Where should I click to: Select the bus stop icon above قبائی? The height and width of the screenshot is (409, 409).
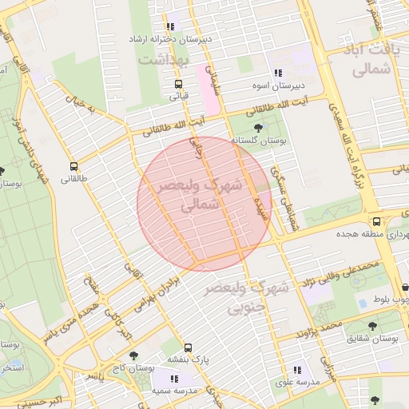pyautogui.click(x=178, y=83)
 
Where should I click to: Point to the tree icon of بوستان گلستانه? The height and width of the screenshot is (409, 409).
pyautogui.click(x=257, y=128)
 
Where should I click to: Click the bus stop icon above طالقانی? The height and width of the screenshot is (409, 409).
pyautogui.click(x=74, y=167)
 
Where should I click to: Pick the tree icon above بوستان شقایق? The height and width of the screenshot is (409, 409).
pyautogui.click(x=372, y=326)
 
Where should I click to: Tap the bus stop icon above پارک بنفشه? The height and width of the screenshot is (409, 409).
pyautogui.click(x=188, y=347)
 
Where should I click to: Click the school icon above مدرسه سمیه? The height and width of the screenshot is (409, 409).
pyautogui.click(x=172, y=378)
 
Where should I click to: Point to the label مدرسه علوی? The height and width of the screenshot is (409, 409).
pyautogui.click(x=297, y=383)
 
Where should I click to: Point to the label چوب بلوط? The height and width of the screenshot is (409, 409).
pyautogui.click(x=391, y=300)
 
